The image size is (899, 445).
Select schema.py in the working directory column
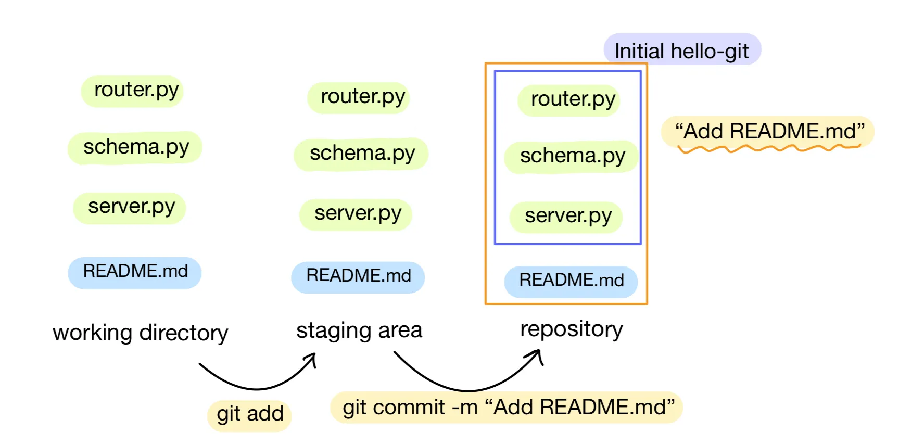point(135,148)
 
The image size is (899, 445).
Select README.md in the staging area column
point(358,276)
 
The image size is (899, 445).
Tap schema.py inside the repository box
point(572,157)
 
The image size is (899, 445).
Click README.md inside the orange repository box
point(571,281)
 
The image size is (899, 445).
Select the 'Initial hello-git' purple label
point(682,50)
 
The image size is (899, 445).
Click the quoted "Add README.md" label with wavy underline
point(768,132)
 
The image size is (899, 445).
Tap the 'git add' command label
point(249,414)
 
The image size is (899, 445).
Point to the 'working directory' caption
point(141,333)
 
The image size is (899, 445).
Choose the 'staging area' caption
point(359,330)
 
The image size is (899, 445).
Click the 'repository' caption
point(572,329)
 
